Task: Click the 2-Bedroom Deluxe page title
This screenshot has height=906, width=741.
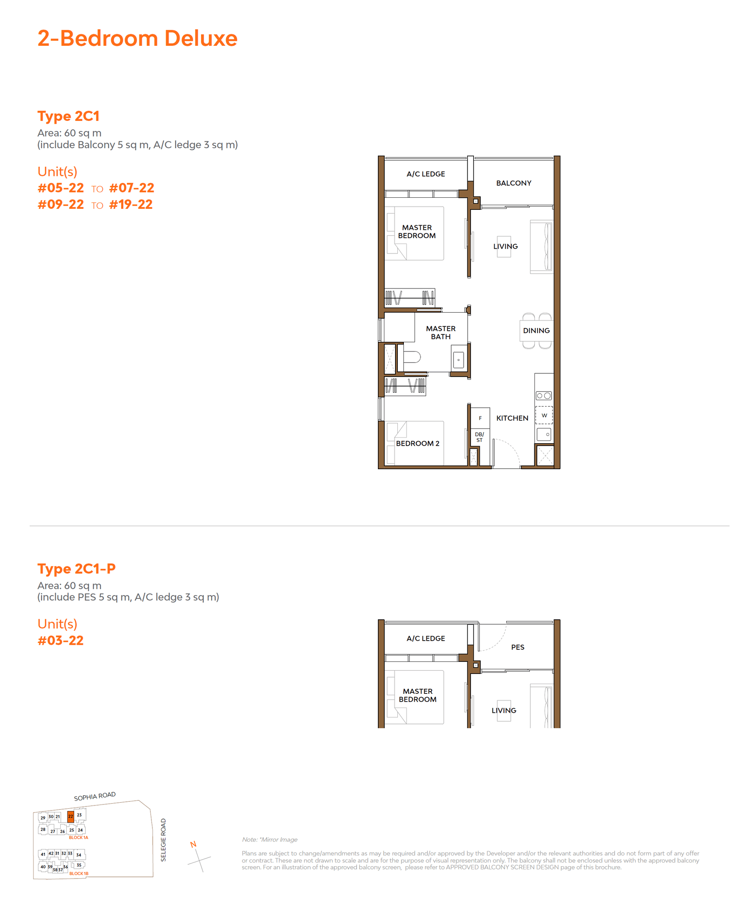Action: [137, 38]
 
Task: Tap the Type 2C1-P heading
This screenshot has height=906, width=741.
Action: [76, 568]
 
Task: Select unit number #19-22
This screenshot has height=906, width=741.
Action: [131, 204]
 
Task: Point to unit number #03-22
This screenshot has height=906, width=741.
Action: [61, 640]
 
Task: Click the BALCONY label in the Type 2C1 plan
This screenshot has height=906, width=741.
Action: [514, 183]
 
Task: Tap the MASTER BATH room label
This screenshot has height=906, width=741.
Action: [440, 333]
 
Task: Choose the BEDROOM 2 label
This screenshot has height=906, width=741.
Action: [417, 443]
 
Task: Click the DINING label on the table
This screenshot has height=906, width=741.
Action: [536, 331]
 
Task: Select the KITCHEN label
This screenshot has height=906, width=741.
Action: [512, 418]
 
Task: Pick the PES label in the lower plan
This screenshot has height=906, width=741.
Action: [518, 647]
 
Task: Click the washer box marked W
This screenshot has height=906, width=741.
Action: [544, 415]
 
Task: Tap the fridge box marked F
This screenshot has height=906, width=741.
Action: [480, 418]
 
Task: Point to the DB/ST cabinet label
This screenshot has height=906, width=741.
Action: [479, 437]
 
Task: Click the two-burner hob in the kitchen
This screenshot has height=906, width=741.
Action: [544, 396]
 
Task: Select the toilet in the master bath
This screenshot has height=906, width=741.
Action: [412, 357]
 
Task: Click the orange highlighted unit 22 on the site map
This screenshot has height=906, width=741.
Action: [70, 816]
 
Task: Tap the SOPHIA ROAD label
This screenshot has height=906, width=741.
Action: [95, 796]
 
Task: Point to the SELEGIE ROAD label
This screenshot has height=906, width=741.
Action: [163, 840]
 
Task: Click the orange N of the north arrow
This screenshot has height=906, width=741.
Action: [193, 844]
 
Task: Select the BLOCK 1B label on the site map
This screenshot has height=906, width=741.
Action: [79, 874]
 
